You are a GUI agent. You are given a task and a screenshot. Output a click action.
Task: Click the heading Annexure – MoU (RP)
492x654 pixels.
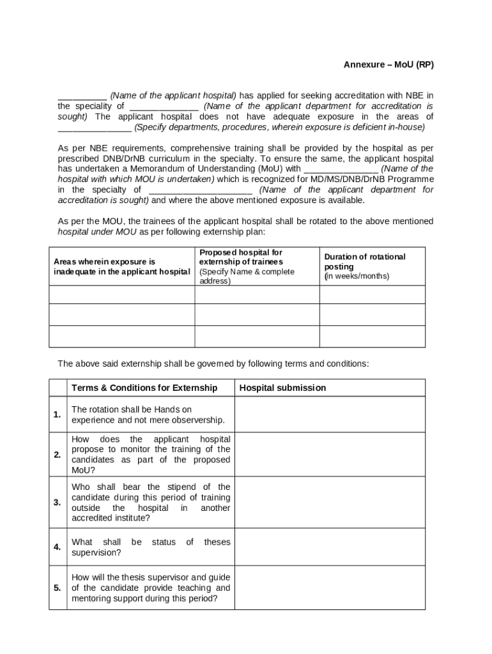tap(388, 65)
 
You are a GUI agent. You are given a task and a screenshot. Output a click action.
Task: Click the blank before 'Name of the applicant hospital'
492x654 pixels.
tap(82, 96)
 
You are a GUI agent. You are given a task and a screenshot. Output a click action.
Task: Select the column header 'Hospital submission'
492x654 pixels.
tap(282, 388)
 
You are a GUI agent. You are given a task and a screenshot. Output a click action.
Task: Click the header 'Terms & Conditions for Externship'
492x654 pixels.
tap(144, 388)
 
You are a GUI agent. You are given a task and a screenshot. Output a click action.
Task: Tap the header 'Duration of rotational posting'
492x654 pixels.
tap(365, 261)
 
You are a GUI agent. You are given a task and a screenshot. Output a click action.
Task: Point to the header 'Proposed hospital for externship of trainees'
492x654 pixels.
tap(241, 257)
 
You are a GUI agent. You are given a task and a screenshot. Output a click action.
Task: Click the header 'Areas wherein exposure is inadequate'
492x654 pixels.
tap(121, 266)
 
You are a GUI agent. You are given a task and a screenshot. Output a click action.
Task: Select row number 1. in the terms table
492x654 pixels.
tap(58, 414)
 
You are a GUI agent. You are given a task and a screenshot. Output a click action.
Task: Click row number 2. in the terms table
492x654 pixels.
tap(58, 455)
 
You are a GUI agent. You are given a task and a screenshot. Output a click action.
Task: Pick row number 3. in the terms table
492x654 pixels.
tap(58, 502)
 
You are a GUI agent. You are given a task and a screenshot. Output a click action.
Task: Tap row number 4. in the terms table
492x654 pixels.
tap(58, 547)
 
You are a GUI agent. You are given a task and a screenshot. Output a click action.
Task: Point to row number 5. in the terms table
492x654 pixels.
tap(58, 588)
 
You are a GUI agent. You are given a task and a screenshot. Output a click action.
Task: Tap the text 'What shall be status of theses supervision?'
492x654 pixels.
tap(151, 547)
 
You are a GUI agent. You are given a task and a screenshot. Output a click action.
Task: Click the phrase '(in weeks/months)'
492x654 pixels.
tap(357, 277)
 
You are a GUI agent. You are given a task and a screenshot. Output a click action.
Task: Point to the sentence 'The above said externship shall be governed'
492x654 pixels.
tap(213, 363)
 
